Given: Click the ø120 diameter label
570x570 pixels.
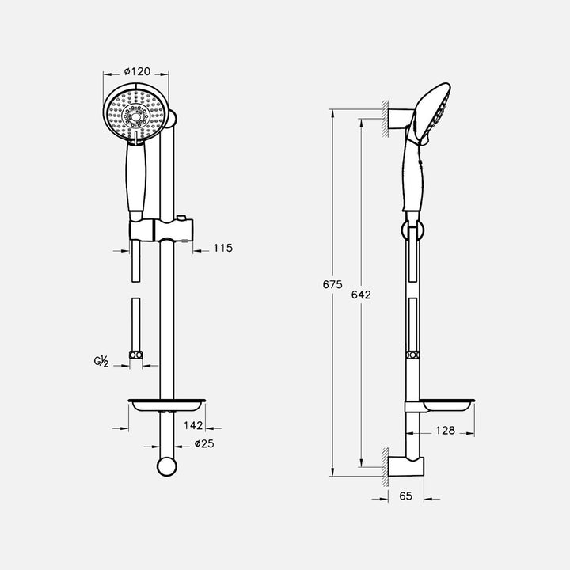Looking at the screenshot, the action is [137, 71].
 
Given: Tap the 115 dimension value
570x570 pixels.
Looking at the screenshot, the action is [222, 248].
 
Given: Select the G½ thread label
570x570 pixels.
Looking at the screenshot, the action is [101, 362].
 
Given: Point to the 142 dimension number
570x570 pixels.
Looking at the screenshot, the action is [193, 425].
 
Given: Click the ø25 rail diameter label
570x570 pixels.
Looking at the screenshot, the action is [204, 443].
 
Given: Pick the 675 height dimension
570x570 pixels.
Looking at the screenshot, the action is [332, 284].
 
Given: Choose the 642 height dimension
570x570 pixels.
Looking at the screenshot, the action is [361, 294].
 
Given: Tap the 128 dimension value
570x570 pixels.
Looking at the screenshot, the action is [445, 431].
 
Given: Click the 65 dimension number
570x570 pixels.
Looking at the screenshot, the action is [405, 496].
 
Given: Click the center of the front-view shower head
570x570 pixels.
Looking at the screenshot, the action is [135, 116].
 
